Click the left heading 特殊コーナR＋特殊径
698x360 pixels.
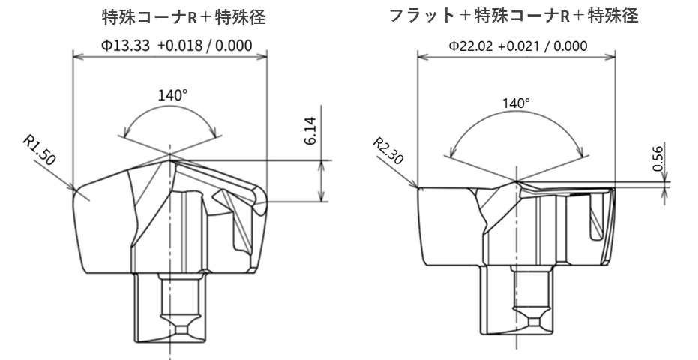184,16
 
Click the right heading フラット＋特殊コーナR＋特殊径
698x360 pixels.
514,15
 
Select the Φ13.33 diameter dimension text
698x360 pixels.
128,45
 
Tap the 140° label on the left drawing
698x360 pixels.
172,95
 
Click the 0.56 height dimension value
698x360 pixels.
658,159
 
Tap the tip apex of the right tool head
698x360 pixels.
517,181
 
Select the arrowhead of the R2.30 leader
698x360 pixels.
415,186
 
